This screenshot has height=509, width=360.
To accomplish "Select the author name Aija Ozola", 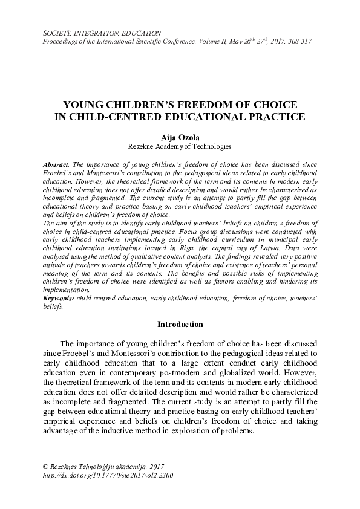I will (x=179, y=137).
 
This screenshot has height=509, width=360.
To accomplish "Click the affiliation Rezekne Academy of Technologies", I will (x=180, y=146).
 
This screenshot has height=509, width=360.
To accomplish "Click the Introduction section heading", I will (x=180, y=325).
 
